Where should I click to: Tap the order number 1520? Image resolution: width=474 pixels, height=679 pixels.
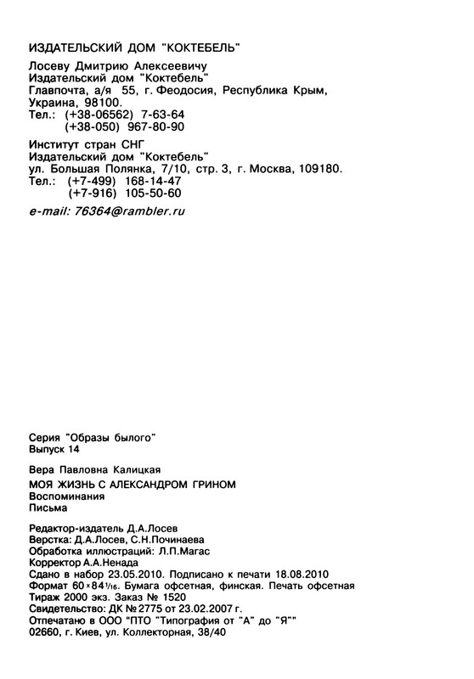coord(169,598)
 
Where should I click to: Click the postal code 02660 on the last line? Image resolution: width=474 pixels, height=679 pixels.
coord(47,633)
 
